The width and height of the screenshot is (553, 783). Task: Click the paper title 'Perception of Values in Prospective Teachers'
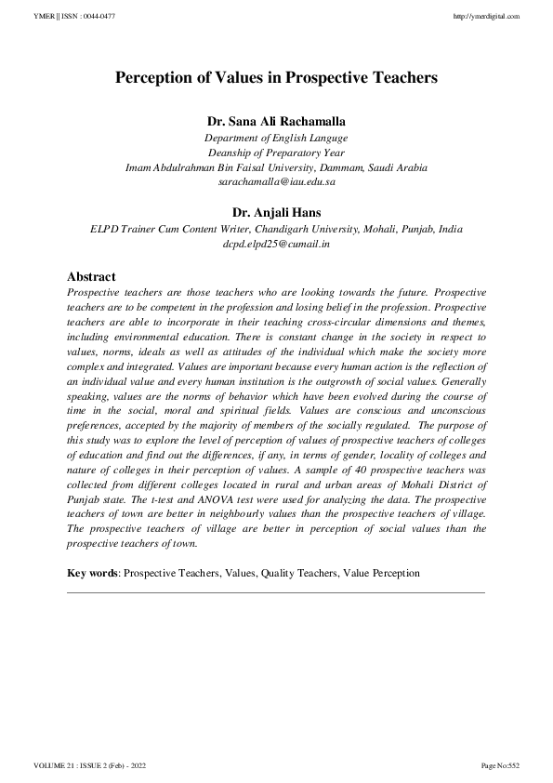click(276, 79)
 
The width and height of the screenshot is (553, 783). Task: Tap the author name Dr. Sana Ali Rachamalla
click(276, 122)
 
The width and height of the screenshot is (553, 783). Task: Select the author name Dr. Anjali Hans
click(276, 212)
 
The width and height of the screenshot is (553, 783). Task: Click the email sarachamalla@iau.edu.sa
click(276, 182)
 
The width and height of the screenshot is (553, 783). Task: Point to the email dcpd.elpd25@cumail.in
click(276, 244)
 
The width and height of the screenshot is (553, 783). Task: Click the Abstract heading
click(91, 276)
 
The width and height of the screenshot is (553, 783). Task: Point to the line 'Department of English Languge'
click(276, 138)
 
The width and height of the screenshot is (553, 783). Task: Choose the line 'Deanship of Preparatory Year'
click(276, 153)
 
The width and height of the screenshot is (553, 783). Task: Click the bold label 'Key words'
click(93, 574)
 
